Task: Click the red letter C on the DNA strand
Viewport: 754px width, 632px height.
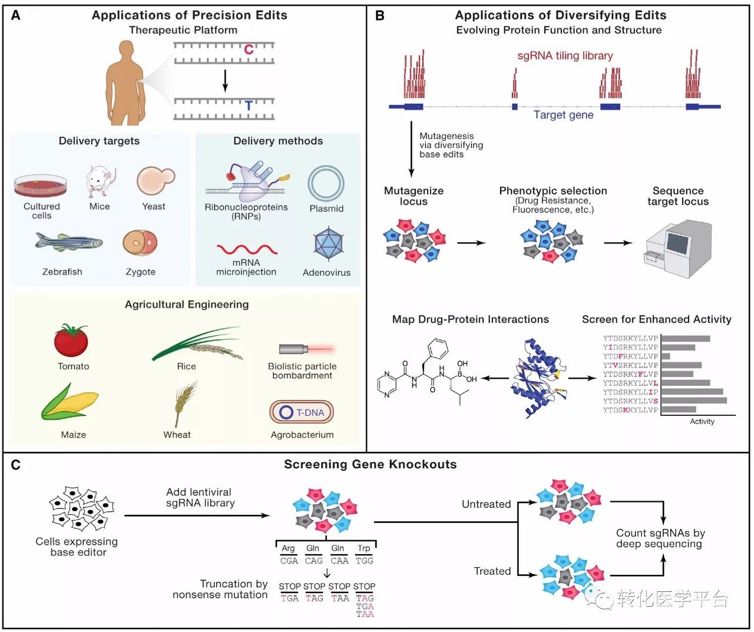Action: pos(249,49)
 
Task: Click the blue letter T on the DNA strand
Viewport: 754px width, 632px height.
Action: pos(249,106)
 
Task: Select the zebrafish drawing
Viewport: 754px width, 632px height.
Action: pos(68,241)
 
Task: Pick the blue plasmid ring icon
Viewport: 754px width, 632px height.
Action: pos(326,184)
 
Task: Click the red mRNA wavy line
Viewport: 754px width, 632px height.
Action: pos(246,249)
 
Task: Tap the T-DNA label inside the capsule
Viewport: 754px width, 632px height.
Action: pos(310,412)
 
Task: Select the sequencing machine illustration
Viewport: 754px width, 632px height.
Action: pos(677,244)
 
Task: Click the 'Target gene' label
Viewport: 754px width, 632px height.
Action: pos(563,115)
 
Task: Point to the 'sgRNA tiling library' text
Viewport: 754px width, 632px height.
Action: pos(565,56)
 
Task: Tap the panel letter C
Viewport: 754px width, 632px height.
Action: pos(16,465)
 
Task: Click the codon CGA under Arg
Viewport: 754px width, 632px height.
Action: pos(289,561)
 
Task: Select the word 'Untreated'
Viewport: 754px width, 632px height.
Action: pos(486,504)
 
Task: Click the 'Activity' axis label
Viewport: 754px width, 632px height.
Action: pos(702,422)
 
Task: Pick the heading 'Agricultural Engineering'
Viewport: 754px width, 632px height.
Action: pos(187,305)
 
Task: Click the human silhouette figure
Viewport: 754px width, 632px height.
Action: pos(124,82)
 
